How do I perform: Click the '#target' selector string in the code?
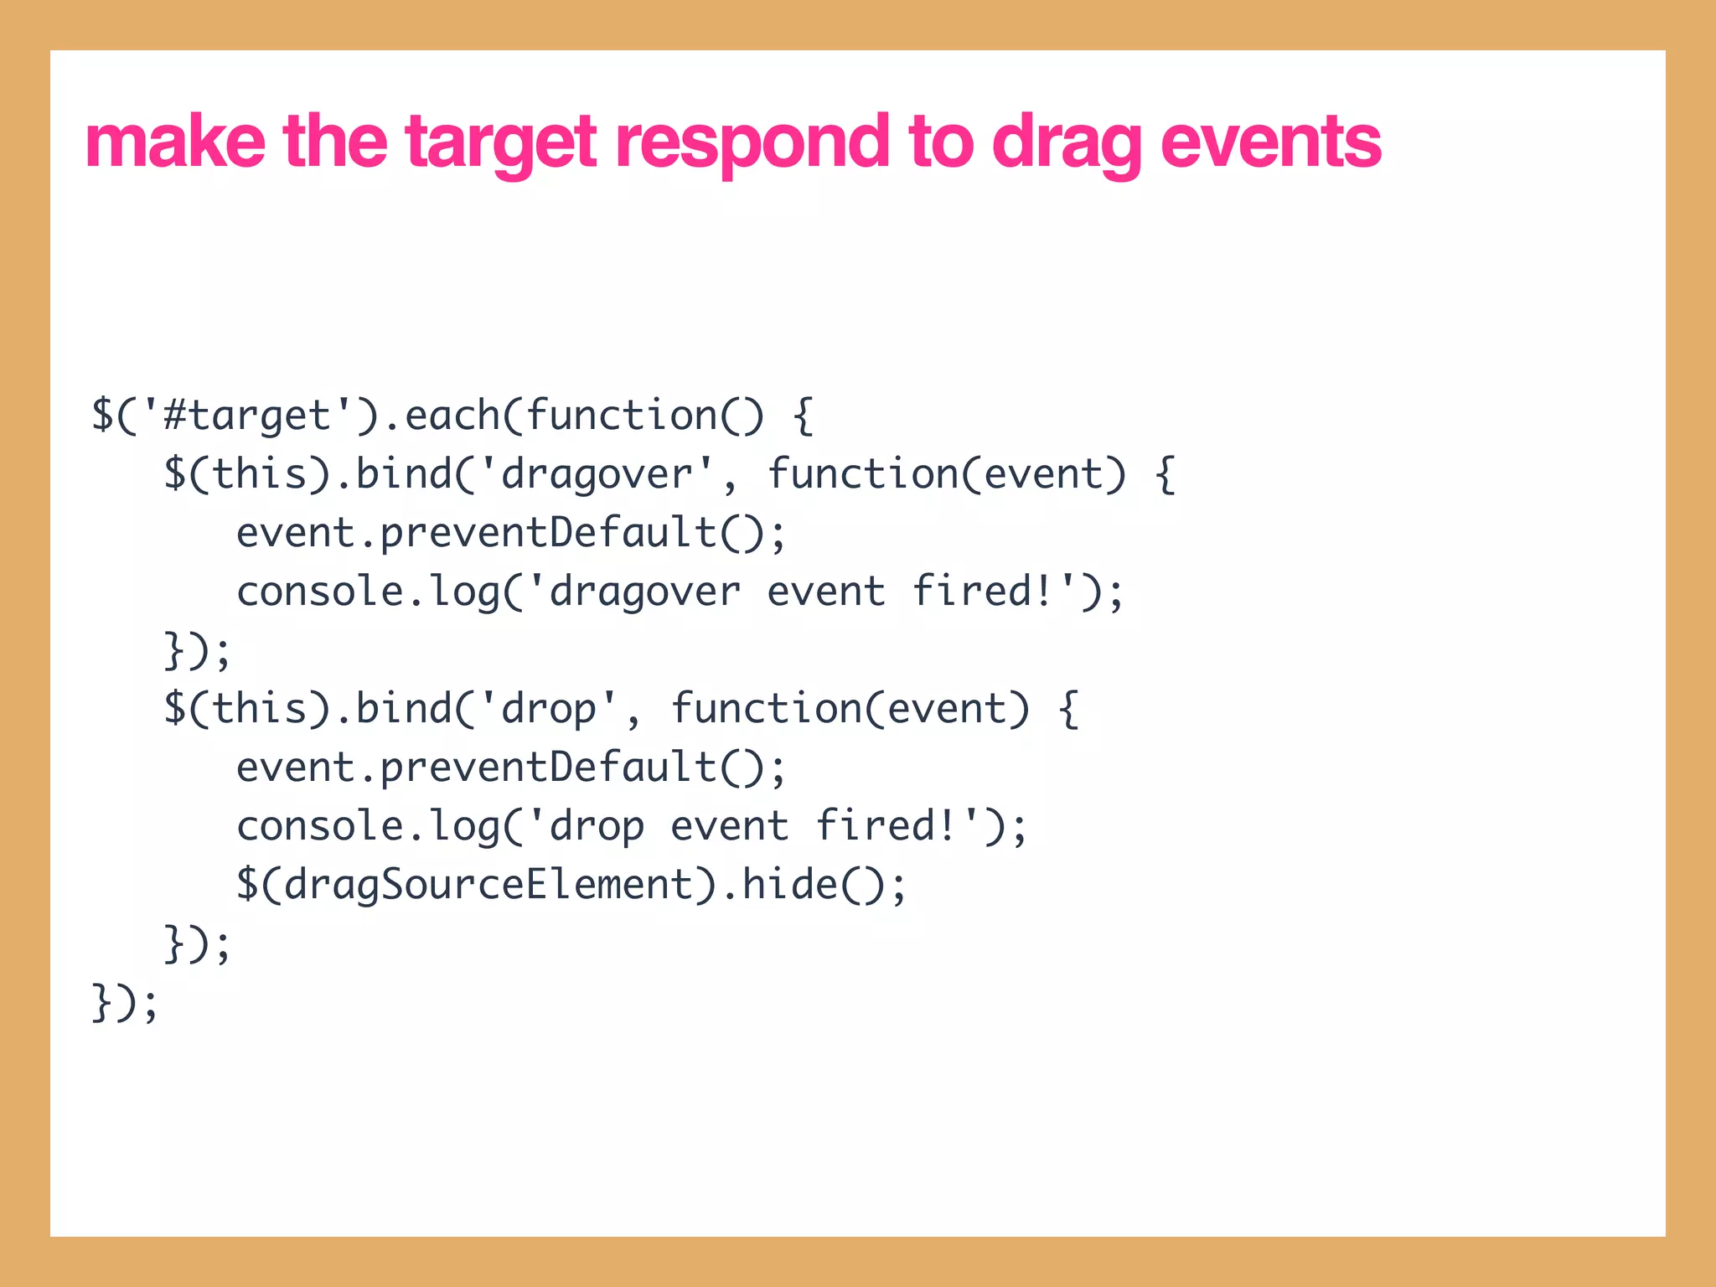pyautogui.click(x=248, y=416)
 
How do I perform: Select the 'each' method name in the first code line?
pyautogui.click(x=452, y=416)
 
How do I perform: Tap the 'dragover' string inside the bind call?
pyautogui.click(x=597, y=475)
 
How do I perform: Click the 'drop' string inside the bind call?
pyautogui.click(x=548, y=710)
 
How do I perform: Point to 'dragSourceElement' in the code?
pyautogui.click(x=488, y=886)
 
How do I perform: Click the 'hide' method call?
pyautogui.click(x=790, y=886)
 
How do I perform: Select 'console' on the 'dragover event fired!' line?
pyautogui.click(x=319, y=592)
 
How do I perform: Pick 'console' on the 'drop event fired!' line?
pyautogui.click(x=319, y=827)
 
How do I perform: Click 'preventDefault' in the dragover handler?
pyautogui.click(x=548, y=534)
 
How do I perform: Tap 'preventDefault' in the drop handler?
pyautogui.click(x=548, y=768)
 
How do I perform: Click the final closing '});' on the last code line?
pyautogui.click(x=124, y=1003)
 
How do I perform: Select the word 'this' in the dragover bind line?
pyautogui.click(x=260, y=475)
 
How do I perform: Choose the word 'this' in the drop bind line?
pyautogui.click(x=260, y=710)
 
